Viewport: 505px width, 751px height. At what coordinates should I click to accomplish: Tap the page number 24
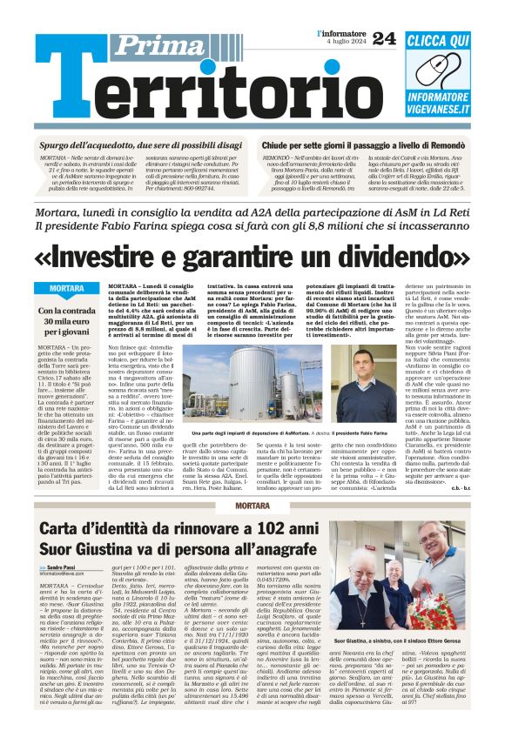383,38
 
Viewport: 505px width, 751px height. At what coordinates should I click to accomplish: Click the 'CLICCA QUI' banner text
438,40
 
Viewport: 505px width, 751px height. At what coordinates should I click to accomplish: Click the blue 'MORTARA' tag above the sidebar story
67,288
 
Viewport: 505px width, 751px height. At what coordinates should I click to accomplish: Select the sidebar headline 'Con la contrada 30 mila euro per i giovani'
67,321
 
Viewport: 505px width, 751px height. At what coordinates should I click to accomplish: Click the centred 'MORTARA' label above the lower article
252,506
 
